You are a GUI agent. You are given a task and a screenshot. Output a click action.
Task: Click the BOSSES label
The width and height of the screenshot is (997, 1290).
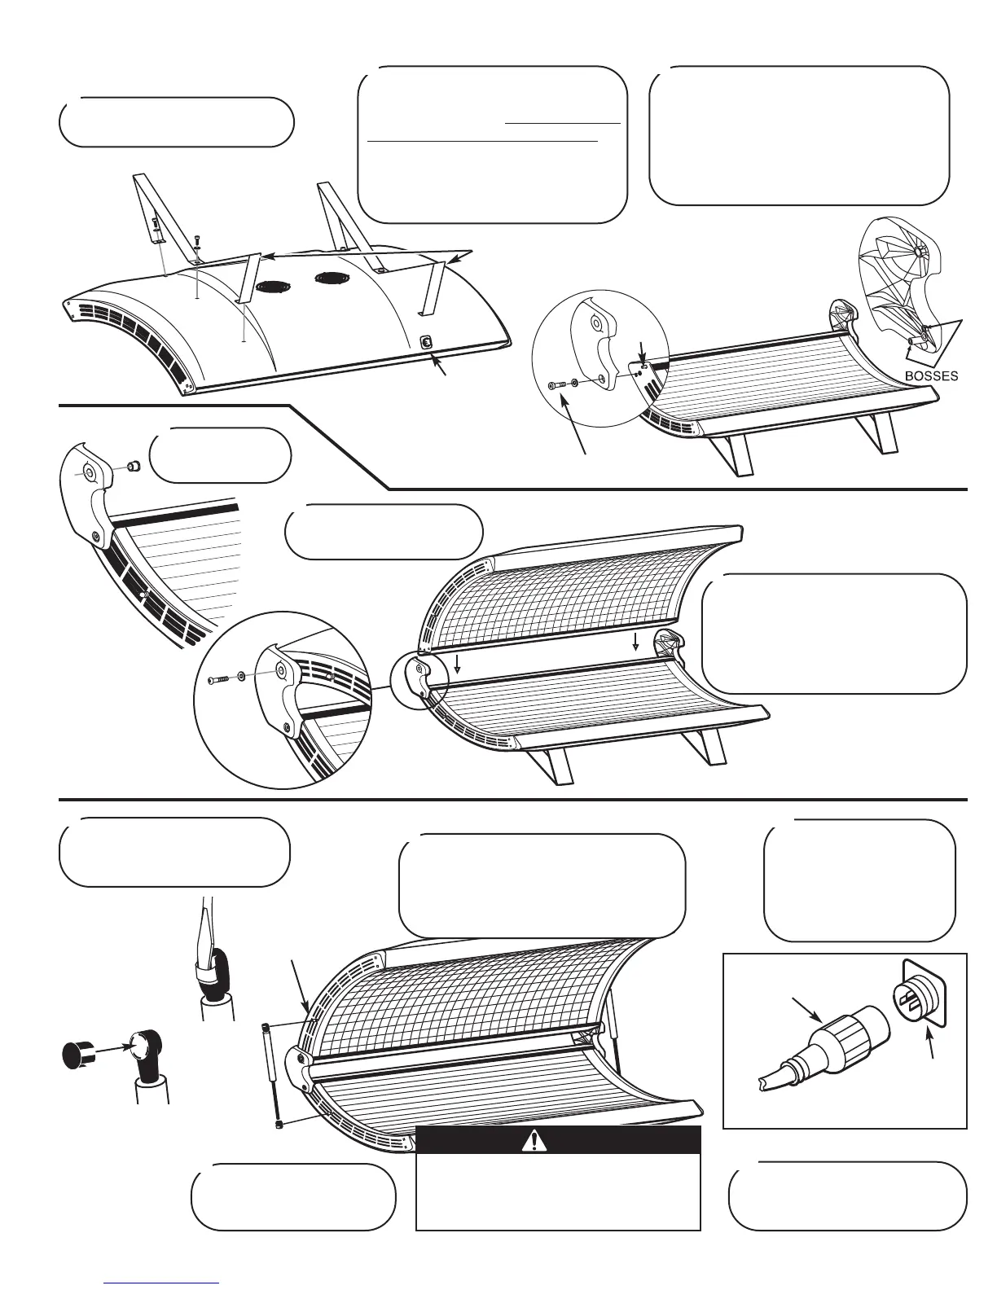pyautogui.click(x=932, y=376)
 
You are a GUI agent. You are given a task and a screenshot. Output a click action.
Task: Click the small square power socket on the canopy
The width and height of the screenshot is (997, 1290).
pyautogui.click(x=425, y=343)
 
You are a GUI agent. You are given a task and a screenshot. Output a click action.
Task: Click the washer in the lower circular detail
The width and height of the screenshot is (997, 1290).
pyautogui.click(x=242, y=675)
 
